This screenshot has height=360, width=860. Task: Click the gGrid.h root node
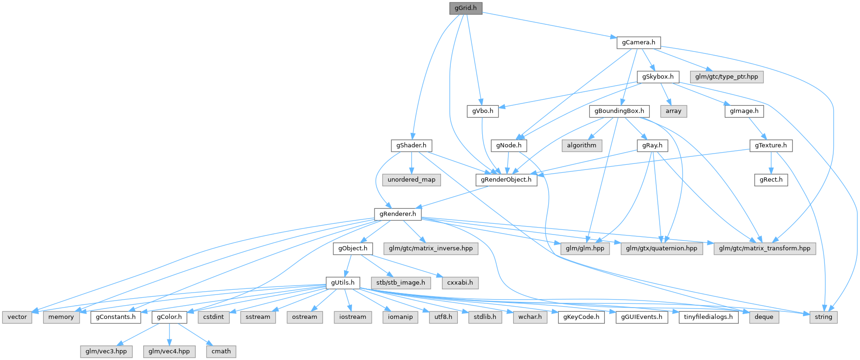click(x=465, y=8)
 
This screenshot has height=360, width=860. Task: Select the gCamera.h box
click(x=639, y=43)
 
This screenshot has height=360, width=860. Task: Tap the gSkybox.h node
click(x=658, y=77)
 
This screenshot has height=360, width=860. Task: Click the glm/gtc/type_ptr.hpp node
click(x=727, y=77)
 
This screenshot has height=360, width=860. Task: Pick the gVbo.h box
click(x=483, y=111)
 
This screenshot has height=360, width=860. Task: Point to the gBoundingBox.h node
click(x=619, y=111)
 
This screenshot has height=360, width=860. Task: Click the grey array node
click(x=673, y=111)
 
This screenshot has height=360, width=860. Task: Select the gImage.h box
click(x=744, y=111)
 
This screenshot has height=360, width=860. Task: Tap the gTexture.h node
click(x=771, y=146)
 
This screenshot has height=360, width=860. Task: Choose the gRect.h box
click(x=771, y=180)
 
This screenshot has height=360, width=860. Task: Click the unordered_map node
click(x=411, y=180)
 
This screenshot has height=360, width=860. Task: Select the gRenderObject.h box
click(x=507, y=180)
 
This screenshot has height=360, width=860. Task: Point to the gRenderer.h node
click(x=397, y=214)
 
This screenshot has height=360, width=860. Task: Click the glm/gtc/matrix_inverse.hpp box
click(x=431, y=249)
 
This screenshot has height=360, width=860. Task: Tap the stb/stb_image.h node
click(x=401, y=283)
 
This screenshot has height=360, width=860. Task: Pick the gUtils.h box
click(x=343, y=283)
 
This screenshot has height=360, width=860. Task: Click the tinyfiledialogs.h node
click(x=708, y=317)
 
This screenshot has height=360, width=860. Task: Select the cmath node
click(x=221, y=351)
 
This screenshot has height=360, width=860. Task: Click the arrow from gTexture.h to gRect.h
click(x=771, y=162)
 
